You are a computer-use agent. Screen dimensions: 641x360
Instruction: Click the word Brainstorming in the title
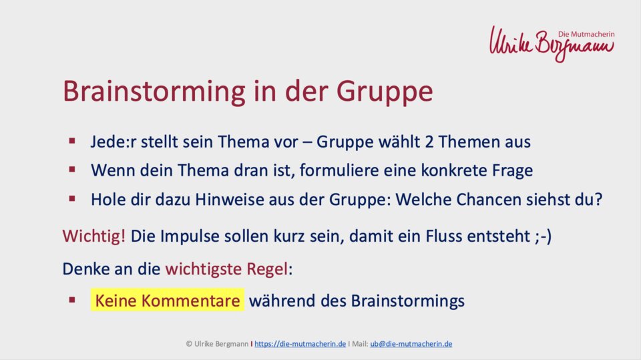click(154, 92)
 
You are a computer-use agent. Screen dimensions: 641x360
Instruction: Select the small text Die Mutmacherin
click(586, 34)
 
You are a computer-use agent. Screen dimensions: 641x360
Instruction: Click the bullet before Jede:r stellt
click(72, 141)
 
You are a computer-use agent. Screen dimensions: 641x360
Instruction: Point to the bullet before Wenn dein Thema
click(72, 170)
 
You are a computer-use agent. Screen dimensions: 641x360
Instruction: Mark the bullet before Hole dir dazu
click(72, 199)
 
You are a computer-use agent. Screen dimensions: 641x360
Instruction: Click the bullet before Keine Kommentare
click(72, 300)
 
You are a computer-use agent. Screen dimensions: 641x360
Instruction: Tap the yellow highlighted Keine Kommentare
click(167, 301)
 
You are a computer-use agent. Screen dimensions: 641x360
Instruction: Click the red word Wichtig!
click(94, 236)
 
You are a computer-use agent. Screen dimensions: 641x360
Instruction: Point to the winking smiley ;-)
click(543, 236)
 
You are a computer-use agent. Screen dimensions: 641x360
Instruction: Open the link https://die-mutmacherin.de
click(300, 344)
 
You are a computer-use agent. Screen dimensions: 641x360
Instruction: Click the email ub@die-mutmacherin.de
click(411, 344)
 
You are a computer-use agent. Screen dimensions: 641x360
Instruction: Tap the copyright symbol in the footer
click(189, 344)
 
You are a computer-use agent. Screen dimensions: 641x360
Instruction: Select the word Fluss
click(444, 236)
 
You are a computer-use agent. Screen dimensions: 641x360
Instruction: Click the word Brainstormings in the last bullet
click(407, 301)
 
